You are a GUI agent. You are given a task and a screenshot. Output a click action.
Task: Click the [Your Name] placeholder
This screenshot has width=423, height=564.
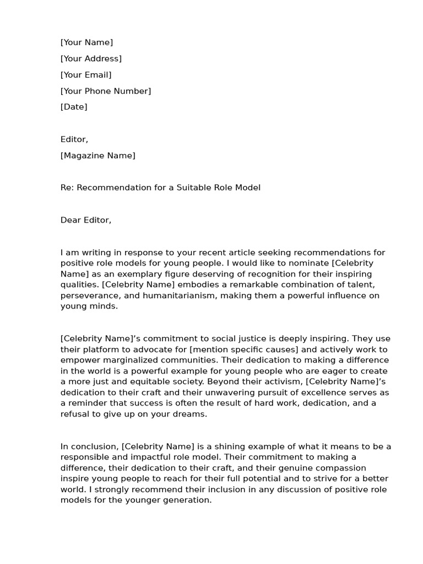click(86, 42)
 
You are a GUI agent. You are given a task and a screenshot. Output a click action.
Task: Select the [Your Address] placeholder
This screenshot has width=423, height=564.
click(91, 58)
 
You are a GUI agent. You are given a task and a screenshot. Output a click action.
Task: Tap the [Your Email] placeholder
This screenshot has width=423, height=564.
click(86, 75)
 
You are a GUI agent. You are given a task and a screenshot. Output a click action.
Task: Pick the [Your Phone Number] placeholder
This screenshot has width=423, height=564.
click(106, 91)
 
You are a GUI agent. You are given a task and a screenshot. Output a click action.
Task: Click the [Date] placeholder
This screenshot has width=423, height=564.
click(74, 107)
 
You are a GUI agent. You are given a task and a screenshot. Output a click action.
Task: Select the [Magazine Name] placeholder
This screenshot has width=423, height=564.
click(97, 155)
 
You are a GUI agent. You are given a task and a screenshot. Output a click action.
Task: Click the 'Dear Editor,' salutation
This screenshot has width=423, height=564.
click(86, 220)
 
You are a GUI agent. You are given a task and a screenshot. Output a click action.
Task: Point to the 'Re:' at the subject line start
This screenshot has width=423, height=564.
click(67, 188)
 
